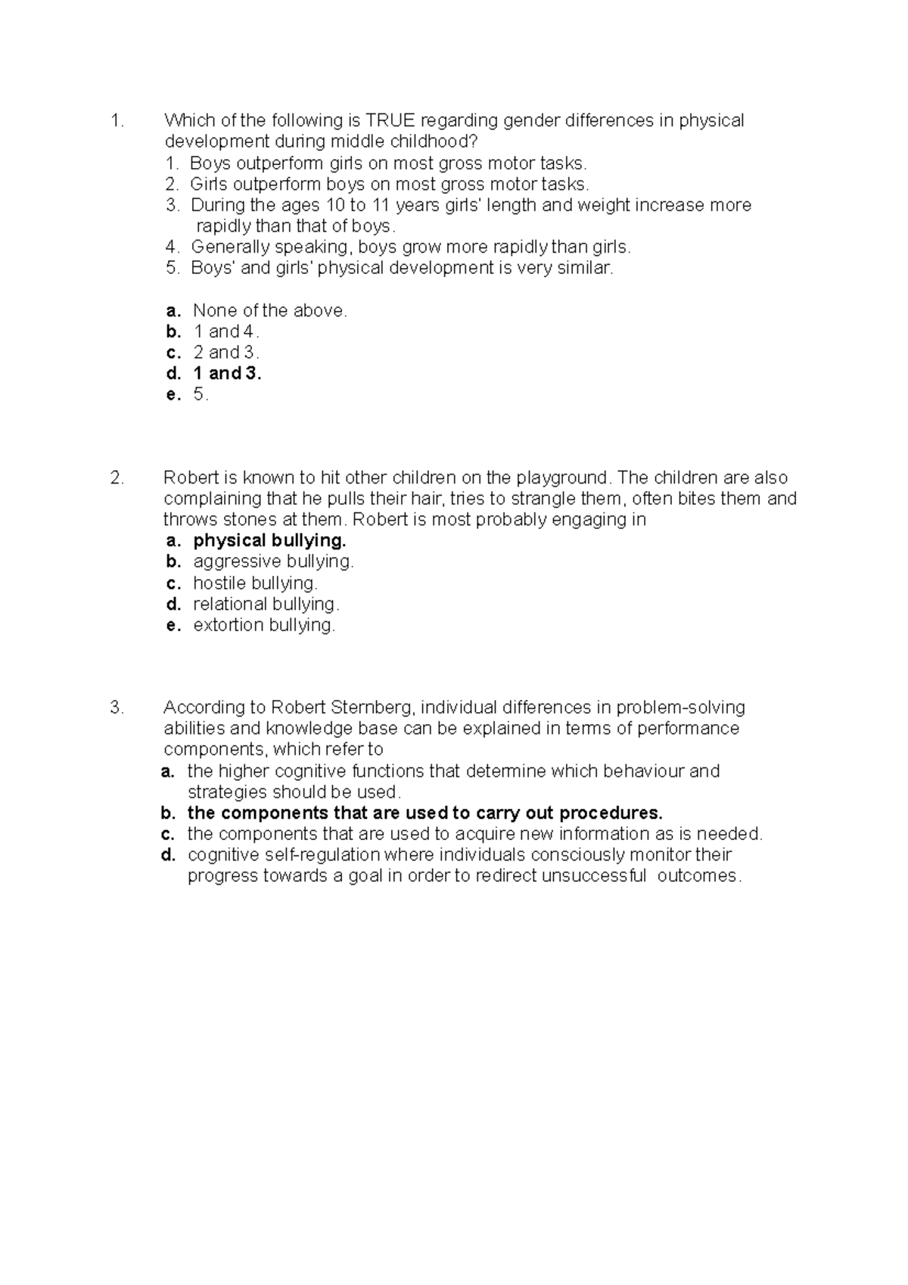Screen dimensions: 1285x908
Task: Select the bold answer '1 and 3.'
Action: [x=227, y=373]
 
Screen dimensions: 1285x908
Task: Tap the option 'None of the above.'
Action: [x=270, y=310]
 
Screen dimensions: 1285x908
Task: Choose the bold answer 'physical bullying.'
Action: [x=269, y=540]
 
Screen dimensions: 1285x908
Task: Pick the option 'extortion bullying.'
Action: [x=263, y=625]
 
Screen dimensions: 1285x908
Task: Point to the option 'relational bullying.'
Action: [x=266, y=604]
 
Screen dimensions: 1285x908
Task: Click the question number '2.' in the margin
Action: [x=117, y=478]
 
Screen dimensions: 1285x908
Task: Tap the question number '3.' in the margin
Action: [x=117, y=708]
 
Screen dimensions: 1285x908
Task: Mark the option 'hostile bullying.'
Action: [x=255, y=583]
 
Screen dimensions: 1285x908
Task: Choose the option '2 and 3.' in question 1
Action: [x=226, y=352]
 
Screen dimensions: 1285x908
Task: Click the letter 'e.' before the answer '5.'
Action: [x=174, y=394]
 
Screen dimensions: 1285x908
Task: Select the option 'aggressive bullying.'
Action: [x=273, y=562]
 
